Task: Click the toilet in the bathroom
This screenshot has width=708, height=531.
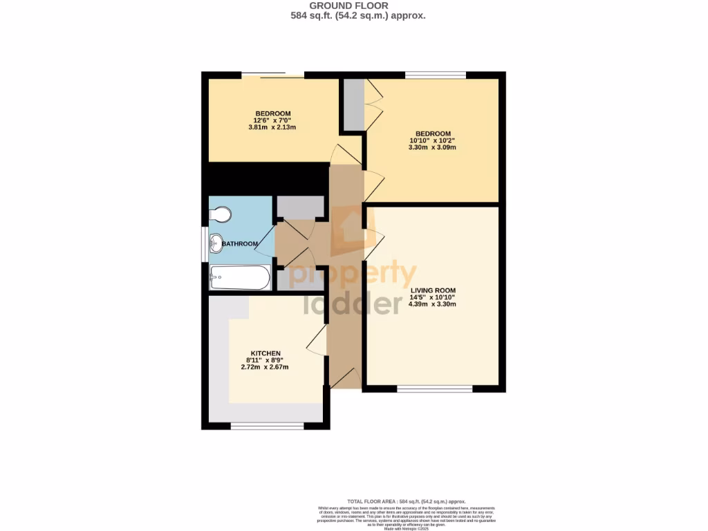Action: click(220, 216)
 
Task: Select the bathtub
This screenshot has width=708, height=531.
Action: click(240, 277)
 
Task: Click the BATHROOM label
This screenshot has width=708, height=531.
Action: click(240, 244)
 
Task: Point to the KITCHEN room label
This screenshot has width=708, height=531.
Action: click(265, 353)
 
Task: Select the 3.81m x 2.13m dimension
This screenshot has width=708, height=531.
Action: click(272, 127)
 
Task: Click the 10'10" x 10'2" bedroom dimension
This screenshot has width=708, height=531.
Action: click(433, 140)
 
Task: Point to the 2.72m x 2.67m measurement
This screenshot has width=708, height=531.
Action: click(264, 366)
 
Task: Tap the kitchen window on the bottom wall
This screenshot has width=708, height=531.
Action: click(267, 425)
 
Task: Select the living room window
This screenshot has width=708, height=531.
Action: click(434, 389)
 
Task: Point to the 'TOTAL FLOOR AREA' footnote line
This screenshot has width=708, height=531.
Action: click(406, 501)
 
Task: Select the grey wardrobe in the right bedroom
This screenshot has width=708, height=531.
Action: click(353, 105)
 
